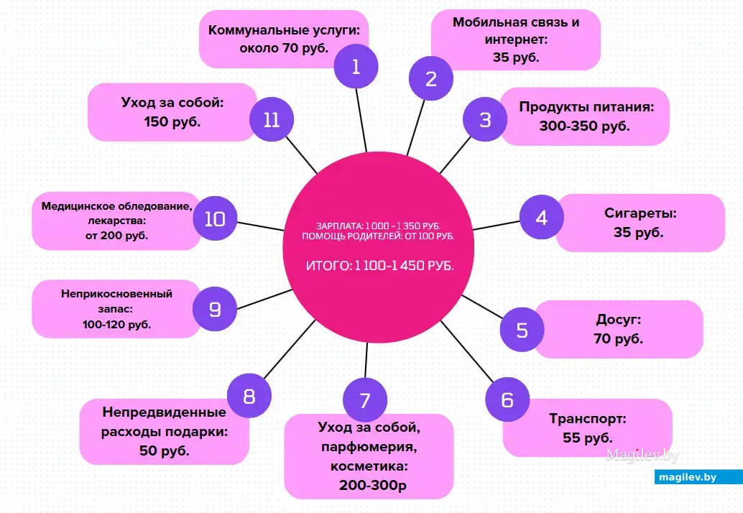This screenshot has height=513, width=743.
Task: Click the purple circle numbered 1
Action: pyautogui.click(x=356, y=66)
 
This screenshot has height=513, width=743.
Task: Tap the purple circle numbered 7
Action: pyautogui.click(x=365, y=400)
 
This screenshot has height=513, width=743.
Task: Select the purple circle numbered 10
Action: pyautogui.click(x=215, y=218)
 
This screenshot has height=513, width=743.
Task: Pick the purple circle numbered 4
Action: pyautogui.click(x=542, y=217)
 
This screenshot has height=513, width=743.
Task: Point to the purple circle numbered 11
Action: pyautogui.click(x=272, y=119)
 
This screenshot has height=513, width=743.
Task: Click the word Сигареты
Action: pyautogui.click(x=640, y=213)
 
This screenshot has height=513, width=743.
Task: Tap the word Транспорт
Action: pyautogui.click(x=588, y=419)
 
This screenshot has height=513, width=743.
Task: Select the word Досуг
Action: pyautogui.click(x=619, y=319)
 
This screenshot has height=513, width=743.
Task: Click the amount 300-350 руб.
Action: pyautogui.click(x=585, y=126)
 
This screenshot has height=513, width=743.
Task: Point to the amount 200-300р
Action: pyautogui.click(x=373, y=485)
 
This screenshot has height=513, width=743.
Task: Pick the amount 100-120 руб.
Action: pyautogui.click(x=116, y=325)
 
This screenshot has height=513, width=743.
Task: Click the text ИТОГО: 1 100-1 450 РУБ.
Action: pyautogui.click(x=380, y=266)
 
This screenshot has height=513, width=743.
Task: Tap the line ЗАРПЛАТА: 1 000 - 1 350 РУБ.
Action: pyautogui.click(x=378, y=226)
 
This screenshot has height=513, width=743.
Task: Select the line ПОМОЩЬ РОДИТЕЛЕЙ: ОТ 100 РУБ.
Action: pyautogui.click(x=378, y=236)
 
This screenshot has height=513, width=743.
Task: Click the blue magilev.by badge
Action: pyautogui.click(x=698, y=477)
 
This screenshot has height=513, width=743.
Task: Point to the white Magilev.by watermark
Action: pyautogui.click(x=642, y=456)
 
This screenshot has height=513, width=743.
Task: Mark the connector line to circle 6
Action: pyautogui.click(x=467, y=351)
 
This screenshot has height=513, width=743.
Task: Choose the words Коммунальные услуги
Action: pyautogui.click(x=285, y=30)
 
